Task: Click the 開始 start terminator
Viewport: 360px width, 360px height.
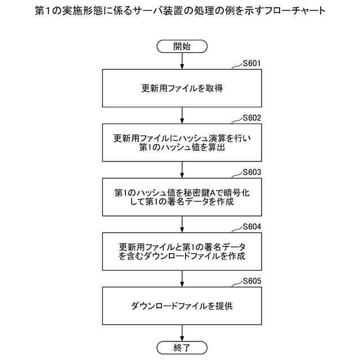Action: click(182, 46)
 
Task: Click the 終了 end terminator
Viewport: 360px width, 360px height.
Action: click(182, 347)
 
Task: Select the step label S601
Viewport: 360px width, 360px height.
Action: click(251, 64)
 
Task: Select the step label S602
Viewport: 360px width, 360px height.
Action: click(251, 118)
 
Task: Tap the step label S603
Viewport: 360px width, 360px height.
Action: click(251, 172)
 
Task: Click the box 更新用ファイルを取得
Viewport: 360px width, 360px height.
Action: click(182, 88)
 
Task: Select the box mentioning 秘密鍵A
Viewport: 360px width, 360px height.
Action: click(182, 197)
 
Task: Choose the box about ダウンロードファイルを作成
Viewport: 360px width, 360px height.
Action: click(182, 251)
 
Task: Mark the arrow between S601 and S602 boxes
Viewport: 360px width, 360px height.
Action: click(182, 115)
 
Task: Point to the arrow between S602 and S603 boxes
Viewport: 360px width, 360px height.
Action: click(182, 169)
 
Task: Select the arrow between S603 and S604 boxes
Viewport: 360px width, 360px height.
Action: click(182, 224)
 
